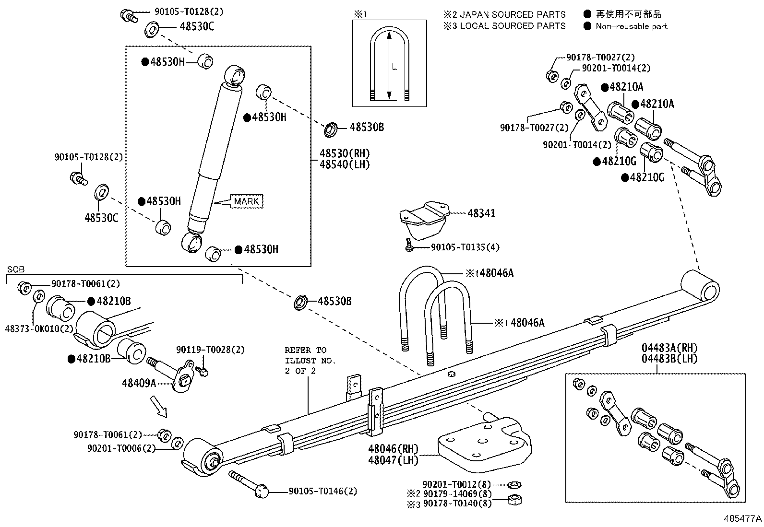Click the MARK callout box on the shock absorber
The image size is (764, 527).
246,201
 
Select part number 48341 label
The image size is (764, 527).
481,213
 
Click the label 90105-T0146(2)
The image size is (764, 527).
323,491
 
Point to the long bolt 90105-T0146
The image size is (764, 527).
248,482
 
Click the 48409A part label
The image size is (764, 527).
139,383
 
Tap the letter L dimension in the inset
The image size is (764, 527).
394,68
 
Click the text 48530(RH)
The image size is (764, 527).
345,153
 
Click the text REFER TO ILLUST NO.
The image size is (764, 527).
310,355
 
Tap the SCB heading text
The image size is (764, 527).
15,269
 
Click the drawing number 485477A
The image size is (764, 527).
743,518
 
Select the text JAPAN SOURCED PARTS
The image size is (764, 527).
512,15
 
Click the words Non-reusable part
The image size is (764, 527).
632,26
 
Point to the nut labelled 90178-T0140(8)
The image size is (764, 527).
514,501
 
